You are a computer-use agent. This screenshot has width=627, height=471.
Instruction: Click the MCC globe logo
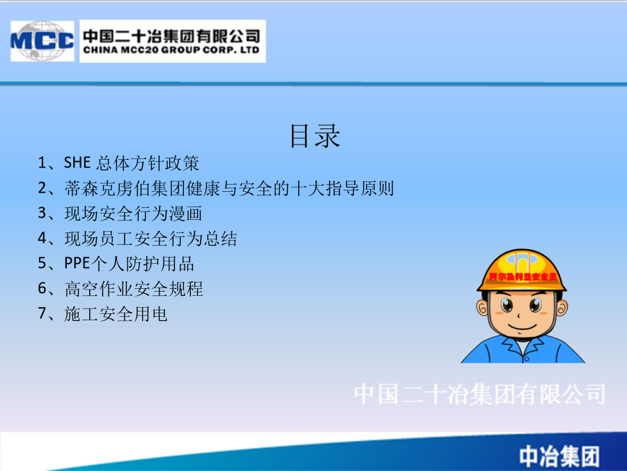tap(42, 41)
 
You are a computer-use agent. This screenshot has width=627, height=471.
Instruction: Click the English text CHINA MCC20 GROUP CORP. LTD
tap(171, 50)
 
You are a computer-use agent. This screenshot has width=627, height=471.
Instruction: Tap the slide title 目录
tap(315, 136)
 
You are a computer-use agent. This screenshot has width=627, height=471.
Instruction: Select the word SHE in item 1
tap(77, 163)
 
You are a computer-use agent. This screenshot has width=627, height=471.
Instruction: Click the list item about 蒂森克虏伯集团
tap(216, 188)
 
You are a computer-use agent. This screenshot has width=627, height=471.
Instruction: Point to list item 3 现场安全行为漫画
tap(120, 214)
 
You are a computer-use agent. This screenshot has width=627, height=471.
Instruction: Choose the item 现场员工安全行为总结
tap(137, 239)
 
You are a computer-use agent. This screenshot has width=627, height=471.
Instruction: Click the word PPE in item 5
tap(77, 264)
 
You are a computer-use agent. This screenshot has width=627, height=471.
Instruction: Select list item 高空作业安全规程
tap(121, 289)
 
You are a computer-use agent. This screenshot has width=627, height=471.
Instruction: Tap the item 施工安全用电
tap(102, 314)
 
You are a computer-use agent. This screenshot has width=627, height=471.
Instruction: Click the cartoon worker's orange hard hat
tap(521, 270)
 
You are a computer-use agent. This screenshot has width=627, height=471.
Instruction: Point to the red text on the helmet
tap(522, 277)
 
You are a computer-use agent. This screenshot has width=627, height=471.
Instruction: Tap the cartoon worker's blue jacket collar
tap(522, 346)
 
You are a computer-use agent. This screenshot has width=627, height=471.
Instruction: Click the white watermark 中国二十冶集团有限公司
tap(480, 394)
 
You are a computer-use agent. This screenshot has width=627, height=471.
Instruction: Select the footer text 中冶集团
tap(559, 456)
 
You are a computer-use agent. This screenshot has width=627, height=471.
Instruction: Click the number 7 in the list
tap(42, 313)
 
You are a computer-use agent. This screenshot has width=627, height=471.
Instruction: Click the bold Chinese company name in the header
tap(171, 36)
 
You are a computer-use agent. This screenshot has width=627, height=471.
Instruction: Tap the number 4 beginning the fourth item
tap(42, 239)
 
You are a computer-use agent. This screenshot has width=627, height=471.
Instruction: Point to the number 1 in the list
tap(42, 163)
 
